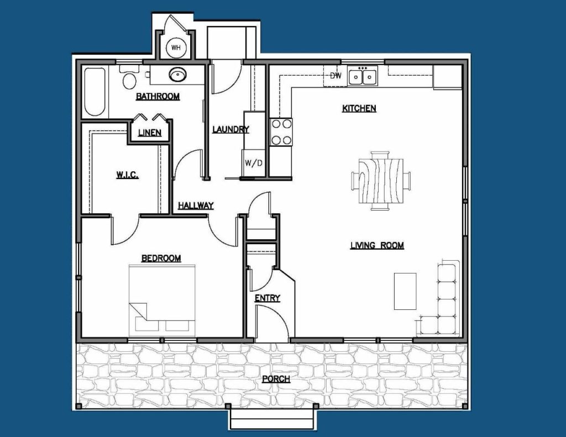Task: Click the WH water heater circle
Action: (x=176, y=48)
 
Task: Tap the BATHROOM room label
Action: (x=158, y=96)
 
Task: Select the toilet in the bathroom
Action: (x=129, y=77)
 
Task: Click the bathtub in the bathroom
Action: (x=95, y=92)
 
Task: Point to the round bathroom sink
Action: (x=177, y=75)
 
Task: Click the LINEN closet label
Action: (x=150, y=133)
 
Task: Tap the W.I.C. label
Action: (x=128, y=175)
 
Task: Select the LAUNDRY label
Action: (x=230, y=129)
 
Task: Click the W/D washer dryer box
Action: (x=254, y=163)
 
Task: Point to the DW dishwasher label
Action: (x=336, y=76)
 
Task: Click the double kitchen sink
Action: (x=363, y=76)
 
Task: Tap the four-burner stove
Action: (x=281, y=132)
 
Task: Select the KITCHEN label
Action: (x=359, y=108)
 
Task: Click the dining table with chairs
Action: (x=380, y=181)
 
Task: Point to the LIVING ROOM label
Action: (x=377, y=245)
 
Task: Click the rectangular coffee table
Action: (x=405, y=291)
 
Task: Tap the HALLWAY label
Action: (x=196, y=206)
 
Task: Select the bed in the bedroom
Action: (x=162, y=298)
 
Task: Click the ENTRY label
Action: (x=268, y=298)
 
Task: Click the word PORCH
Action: (x=276, y=379)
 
